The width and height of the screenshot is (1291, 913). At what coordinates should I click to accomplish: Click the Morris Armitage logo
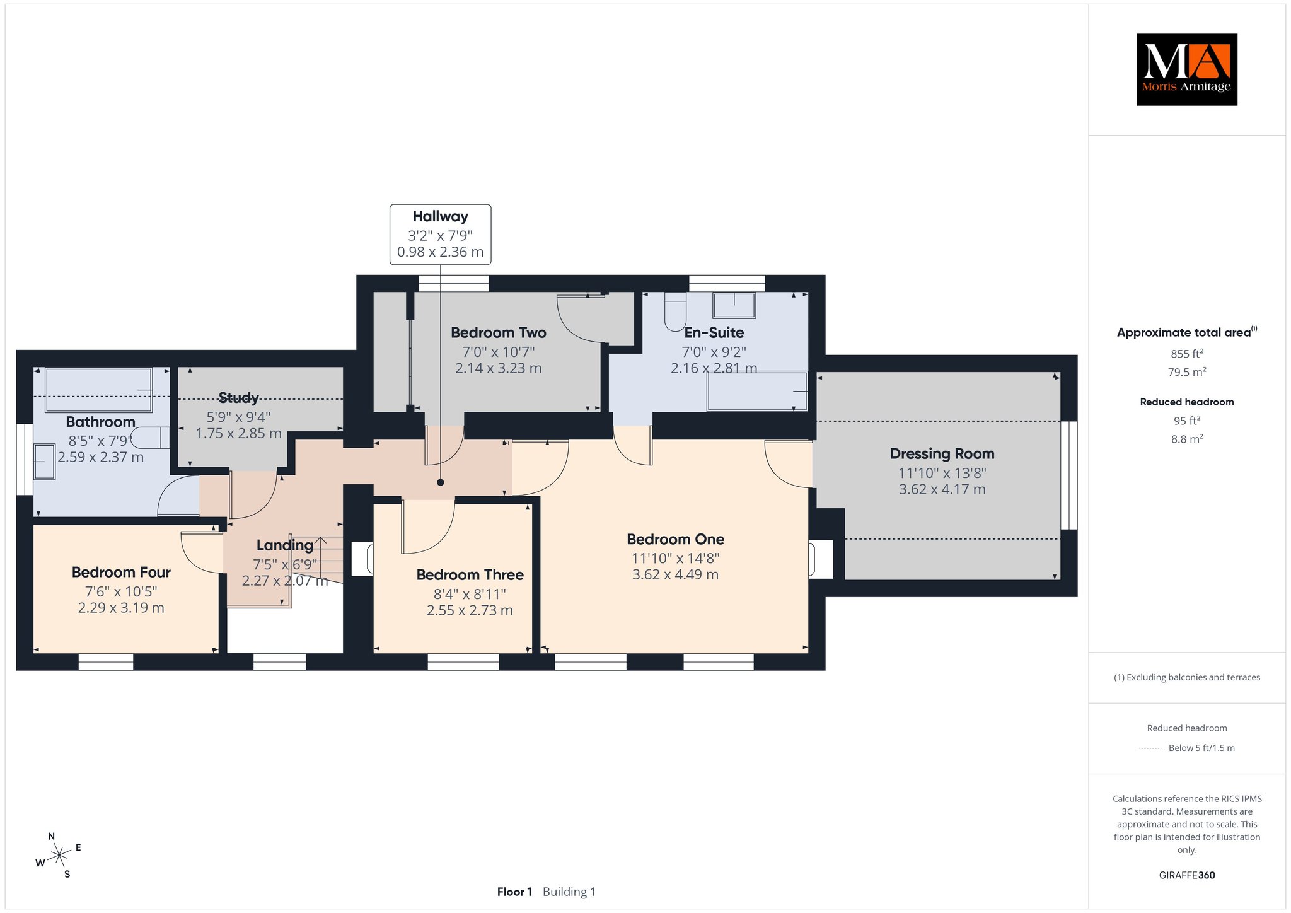pyautogui.click(x=1186, y=69)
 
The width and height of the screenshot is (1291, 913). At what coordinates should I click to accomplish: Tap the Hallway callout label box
pyautogui.click(x=440, y=234)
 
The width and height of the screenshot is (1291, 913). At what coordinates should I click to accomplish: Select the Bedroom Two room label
pyautogui.click(x=498, y=332)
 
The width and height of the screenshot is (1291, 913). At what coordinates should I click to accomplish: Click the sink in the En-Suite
pyautogui.click(x=734, y=305)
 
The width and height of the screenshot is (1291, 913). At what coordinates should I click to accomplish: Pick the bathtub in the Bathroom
pyautogui.click(x=98, y=390)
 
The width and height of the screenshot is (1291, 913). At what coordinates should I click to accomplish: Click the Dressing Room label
pyautogui.click(x=942, y=453)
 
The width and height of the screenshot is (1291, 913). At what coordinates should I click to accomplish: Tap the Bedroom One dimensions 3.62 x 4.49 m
pyautogui.click(x=675, y=574)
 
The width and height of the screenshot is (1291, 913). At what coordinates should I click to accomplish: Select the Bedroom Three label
pyautogui.click(x=470, y=574)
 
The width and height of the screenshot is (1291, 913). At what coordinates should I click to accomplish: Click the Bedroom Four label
pyautogui.click(x=121, y=572)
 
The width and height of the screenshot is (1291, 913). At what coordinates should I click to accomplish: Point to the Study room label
pyautogui.click(x=238, y=398)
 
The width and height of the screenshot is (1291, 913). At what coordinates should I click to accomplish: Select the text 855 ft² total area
pyautogui.click(x=1186, y=354)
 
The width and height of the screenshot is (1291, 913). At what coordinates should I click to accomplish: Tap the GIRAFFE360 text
pyautogui.click(x=1186, y=875)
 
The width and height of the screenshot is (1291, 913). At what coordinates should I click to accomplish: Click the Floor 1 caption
pyautogui.click(x=514, y=892)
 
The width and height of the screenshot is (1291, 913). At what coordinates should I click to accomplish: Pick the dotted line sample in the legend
pyautogui.click(x=1150, y=748)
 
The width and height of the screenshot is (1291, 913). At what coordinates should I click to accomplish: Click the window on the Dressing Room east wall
pyautogui.click(x=1069, y=475)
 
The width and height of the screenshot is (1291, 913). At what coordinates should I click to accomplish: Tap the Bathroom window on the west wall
pyautogui.click(x=25, y=459)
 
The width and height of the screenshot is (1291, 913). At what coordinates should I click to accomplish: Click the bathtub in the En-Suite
pyautogui.click(x=757, y=392)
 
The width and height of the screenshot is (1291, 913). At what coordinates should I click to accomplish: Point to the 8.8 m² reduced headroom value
pyautogui.click(x=1186, y=439)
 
